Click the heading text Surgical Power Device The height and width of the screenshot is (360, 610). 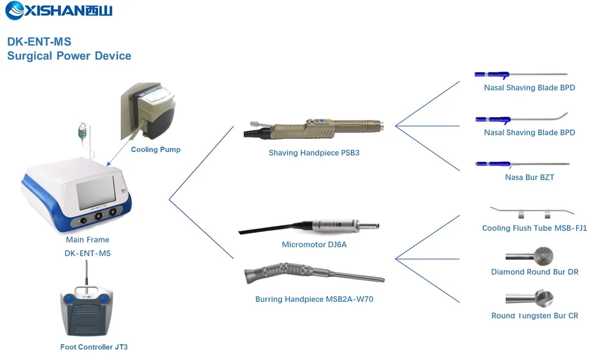[x=69, y=56]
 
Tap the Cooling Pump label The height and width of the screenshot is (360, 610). [x=156, y=150]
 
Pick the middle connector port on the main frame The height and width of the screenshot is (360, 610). [x=98, y=217]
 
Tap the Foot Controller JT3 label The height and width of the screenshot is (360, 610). [x=94, y=347]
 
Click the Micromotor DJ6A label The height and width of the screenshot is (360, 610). [x=314, y=245]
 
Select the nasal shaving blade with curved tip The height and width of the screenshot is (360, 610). [x=521, y=119]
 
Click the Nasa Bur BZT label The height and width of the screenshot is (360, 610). [x=529, y=177]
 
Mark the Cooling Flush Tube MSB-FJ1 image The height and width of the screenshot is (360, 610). [x=533, y=211]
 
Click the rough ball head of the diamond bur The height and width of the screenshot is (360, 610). [x=544, y=255]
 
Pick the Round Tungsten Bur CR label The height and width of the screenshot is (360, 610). [x=535, y=316]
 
